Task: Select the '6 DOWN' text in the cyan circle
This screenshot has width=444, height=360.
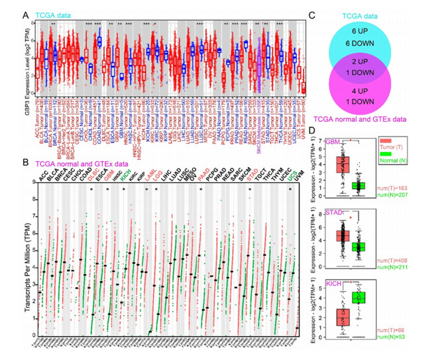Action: pos(378,43)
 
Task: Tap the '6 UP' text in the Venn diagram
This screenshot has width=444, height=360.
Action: pos(378,31)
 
